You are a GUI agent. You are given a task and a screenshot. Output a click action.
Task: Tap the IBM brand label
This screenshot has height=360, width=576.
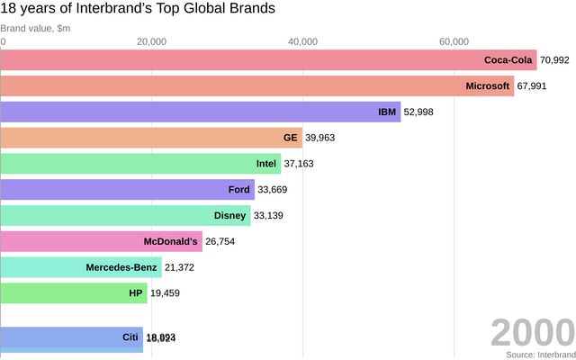pos(388,112)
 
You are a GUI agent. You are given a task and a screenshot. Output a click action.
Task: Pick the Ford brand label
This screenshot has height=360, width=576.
pos(239,190)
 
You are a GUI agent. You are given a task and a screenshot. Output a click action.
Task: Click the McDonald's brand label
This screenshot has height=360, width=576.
pos(170,242)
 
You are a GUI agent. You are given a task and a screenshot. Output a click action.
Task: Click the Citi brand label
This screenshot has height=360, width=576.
pos(130,337)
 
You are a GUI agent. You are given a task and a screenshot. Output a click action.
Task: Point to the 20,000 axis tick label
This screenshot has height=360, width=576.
pos(152,41)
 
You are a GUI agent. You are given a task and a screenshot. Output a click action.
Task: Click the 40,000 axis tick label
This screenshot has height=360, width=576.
pos(303,41)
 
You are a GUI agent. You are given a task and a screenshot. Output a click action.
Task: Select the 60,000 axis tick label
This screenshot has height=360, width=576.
pos(454,41)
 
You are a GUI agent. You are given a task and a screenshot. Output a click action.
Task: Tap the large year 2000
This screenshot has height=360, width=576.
pos(532,332)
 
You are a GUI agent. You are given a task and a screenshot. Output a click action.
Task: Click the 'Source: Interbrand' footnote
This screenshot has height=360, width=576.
pos(539,355)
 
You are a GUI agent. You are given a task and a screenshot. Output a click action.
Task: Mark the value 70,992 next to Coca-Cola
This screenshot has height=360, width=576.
pos(554,60)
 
